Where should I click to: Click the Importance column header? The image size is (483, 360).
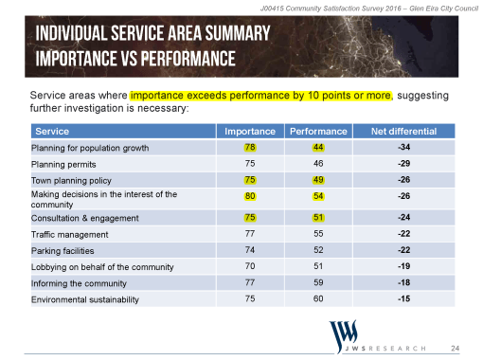(x=249, y=131)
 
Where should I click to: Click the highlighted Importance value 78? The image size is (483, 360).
(x=249, y=147)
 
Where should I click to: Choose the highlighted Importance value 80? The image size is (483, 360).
(x=249, y=199)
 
